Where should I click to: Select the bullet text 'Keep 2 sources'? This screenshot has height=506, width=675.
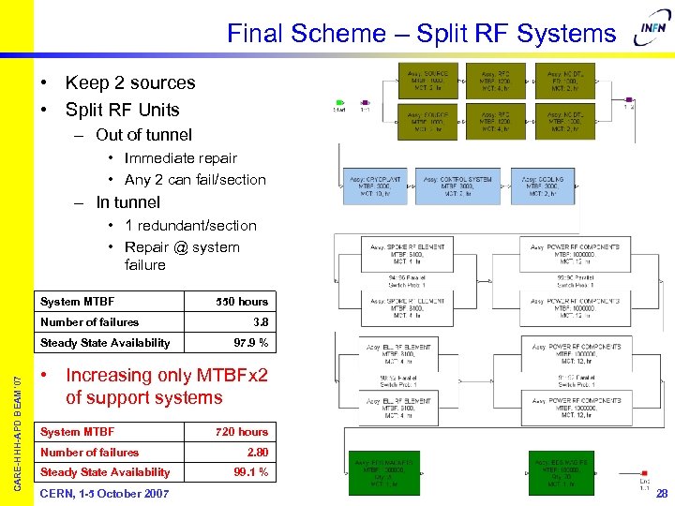pos(130,82)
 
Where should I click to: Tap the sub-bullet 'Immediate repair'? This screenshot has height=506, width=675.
pos(180,158)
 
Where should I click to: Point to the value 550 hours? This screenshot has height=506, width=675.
pos(242,302)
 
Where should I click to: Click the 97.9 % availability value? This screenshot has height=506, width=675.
pos(250,343)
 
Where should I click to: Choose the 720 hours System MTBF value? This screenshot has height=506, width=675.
pos(242,432)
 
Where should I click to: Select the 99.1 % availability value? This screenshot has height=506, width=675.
pos(250,472)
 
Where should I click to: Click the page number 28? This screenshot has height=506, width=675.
pos(662,494)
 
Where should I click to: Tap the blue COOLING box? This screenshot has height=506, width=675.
pos(542,186)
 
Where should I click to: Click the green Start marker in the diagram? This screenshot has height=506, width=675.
pos(339,103)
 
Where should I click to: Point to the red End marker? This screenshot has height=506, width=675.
pos(645,472)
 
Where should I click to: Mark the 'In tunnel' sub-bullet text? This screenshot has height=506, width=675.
pos(128,202)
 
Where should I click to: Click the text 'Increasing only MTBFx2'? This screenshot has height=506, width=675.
pos(167,376)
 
